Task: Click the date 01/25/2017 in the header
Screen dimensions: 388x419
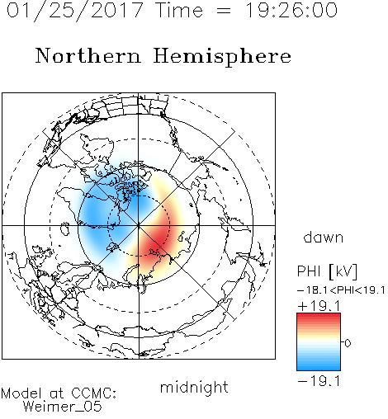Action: click(x=74, y=11)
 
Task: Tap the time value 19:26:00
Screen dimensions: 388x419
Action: click(x=291, y=10)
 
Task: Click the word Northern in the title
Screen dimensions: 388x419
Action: click(x=88, y=55)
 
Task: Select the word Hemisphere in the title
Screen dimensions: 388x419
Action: click(x=222, y=57)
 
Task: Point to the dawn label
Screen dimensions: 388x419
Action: click(x=323, y=238)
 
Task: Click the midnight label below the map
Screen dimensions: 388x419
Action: click(x=194, y=387)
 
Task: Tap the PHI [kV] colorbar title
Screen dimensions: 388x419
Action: click(x=327, y=271)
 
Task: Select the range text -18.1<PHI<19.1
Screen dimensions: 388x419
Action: click(x=341, y=290)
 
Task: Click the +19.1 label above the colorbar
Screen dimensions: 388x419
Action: click(x=319, y=306)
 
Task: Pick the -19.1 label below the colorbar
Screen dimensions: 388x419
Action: click(x=319, y=381)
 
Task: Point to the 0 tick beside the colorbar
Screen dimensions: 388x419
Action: click(x=348, y=343)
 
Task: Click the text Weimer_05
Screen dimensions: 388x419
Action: click(x=63, y=407)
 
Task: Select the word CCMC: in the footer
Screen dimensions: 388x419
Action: click(x=94, y=393)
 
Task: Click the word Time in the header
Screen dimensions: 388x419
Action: click(x=179, y=11)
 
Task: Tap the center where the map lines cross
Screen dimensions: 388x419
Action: click(x=139, y=225)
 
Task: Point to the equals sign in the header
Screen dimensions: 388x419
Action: click(x=224, y=12)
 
